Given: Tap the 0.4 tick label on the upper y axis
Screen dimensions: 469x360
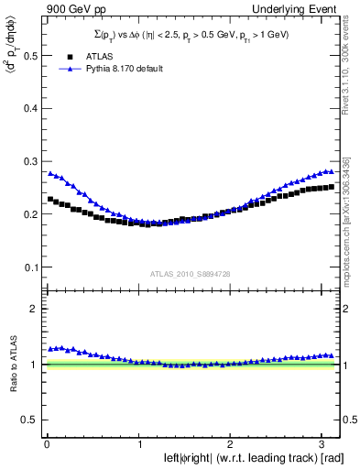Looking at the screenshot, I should (x=29, y=108).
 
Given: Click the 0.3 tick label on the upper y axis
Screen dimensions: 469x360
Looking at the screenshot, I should (x=29, y=161).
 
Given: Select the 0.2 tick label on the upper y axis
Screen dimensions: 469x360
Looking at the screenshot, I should (x=29, y=214).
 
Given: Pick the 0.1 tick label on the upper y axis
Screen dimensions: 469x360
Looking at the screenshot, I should (x=29, y=267).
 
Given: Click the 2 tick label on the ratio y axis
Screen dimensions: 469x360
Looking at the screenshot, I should (x=34, y=309).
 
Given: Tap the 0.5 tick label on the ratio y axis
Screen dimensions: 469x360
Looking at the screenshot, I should (x=29, y=420).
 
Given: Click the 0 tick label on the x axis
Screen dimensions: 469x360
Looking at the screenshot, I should (x=47, y=442).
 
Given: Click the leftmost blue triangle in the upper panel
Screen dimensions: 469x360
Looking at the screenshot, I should (x=50, y=173).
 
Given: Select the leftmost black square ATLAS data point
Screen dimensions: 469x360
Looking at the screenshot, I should (x=50, y=199).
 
